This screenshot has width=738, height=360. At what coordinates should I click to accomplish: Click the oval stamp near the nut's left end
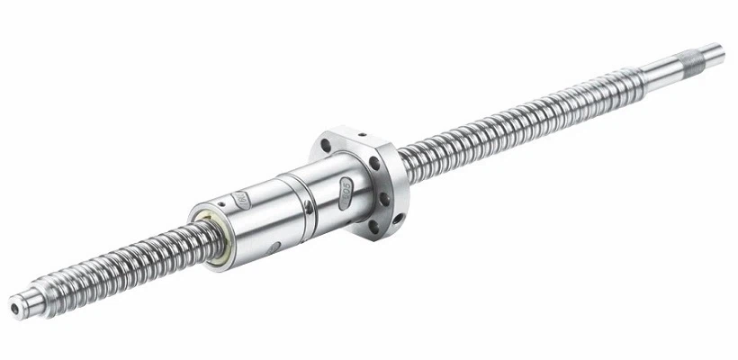241,200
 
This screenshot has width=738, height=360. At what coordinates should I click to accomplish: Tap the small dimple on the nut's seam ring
307,211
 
